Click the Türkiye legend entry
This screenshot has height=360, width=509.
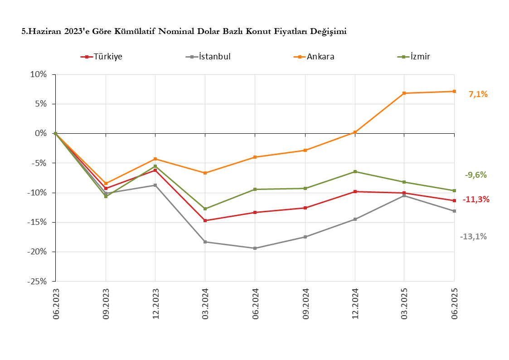[x=108, y=57]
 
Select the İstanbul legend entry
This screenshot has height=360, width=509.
[x=214, y=57]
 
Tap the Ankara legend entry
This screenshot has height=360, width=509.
[x=320, y=57]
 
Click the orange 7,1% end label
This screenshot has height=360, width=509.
[x=478, y=94]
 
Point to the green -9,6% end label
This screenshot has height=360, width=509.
[x=475, y=175]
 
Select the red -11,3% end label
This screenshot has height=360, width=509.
[x=476, y=199]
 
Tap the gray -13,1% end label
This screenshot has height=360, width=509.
[x=473, y=236]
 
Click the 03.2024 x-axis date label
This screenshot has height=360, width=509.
[x=205, y=303]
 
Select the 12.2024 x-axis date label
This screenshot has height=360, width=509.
[x=355, y=303]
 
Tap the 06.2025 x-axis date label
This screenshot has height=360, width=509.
[x=455, y=303]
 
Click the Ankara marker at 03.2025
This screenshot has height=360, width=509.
[x=404, y=93]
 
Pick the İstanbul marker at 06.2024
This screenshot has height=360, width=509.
[x=255, y=248]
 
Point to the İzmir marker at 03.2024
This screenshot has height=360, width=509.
[x=205, y=209]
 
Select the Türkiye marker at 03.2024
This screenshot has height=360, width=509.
[x=205, y=221]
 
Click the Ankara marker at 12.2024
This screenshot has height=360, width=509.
[x=355, y=132]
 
